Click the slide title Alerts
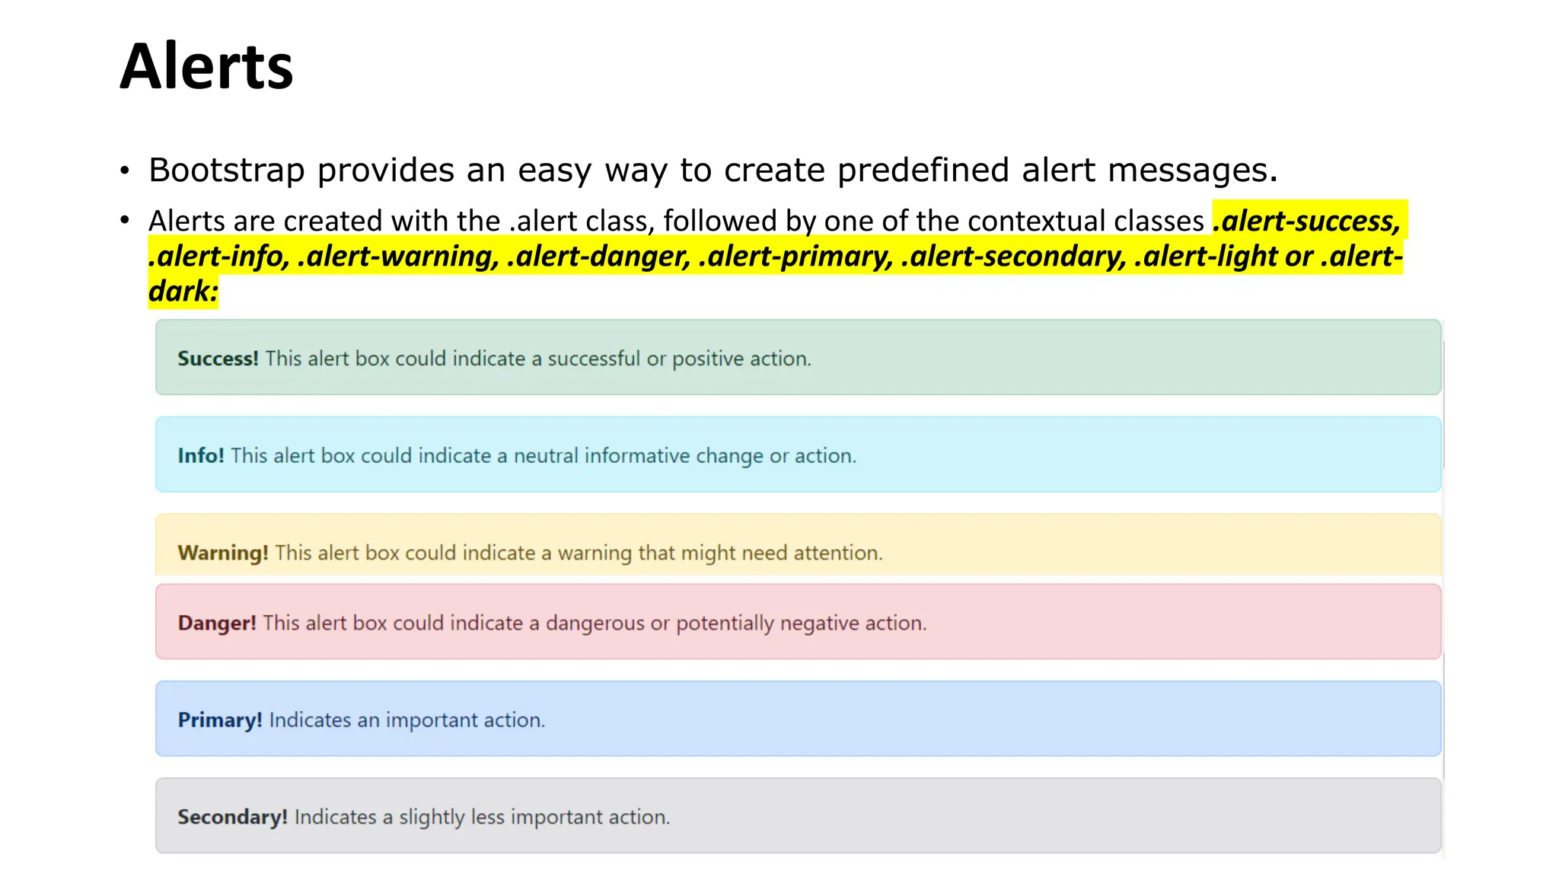(x=206, y=67)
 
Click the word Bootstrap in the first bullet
(x=226, y=170)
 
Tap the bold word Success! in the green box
(x=218, y=359)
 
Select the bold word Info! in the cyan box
(x=201, y=456)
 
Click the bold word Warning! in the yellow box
(x=223, y=553)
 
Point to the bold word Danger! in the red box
(x=217, y=623)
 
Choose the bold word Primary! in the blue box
(x=220, y=720)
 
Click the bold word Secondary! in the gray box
(x=232, y=817)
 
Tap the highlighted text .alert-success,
(x=1307, y=221)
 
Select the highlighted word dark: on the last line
(x=183, y=292)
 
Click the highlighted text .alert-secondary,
(x=1013, y=257)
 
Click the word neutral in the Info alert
(x=545, y=456)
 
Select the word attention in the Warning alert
(x=837, y=553)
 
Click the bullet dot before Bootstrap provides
(x=125, y=171)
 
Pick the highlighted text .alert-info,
(x=219, y=257)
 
